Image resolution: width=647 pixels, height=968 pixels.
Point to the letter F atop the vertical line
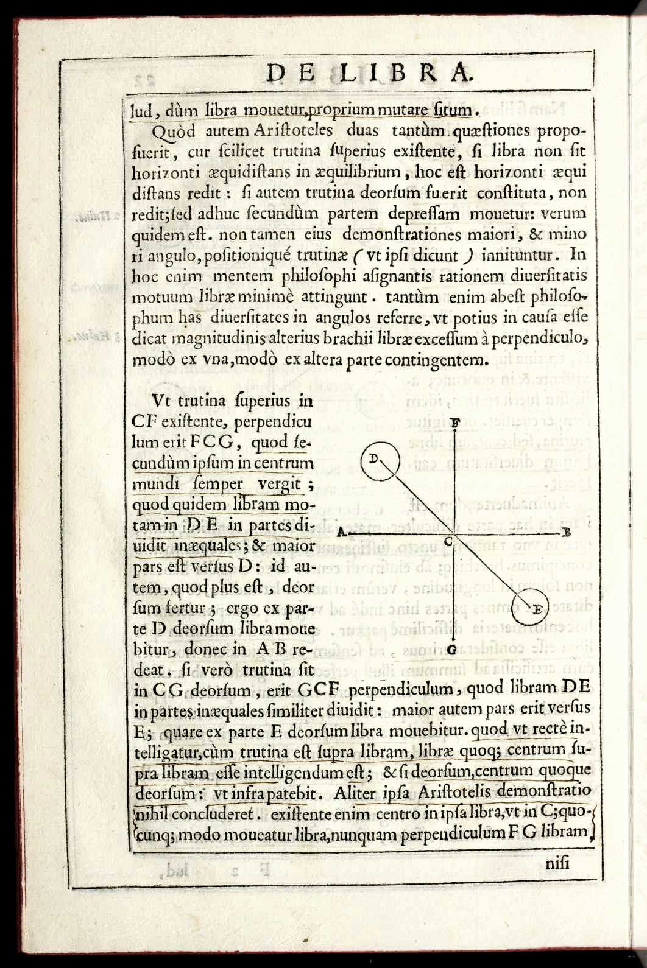tap(456, 421)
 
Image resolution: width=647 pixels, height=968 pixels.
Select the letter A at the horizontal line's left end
tap(342, 531)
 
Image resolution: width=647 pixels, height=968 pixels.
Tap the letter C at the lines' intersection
tap(448, 541)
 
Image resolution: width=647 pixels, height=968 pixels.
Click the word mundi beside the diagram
tap(152, 485)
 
